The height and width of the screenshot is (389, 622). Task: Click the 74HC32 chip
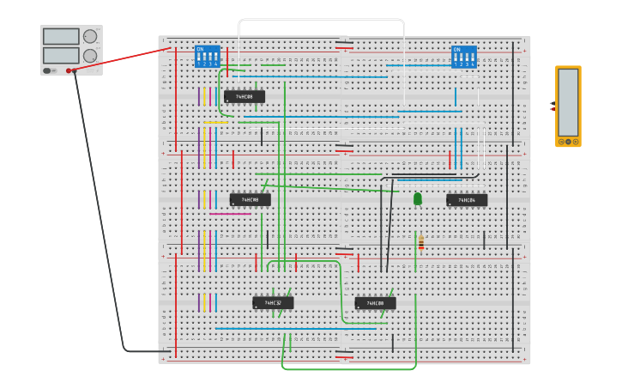tap(273, 302)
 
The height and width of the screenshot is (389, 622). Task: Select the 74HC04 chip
tap(467, 200)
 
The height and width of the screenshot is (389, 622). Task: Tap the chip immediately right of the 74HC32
tap(375, 303)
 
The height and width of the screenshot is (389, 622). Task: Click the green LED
tap(418, 198)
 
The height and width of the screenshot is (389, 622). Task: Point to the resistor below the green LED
tap(420, 244)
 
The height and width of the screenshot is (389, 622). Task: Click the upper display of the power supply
tap(60, 37)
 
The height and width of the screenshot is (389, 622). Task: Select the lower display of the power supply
tap(60, 56)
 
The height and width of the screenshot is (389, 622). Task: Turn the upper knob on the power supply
tap(90, 37)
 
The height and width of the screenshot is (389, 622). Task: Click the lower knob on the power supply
tap(90, 56)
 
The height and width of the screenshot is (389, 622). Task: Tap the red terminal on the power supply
tap(69, 70)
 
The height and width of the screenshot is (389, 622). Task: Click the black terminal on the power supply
tap(76, 70)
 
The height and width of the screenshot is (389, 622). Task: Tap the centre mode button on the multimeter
tap(568, 141)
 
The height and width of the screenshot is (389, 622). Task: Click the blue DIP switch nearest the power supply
tap(208, 57)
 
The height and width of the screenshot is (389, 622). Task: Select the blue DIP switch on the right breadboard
tap(464, 57)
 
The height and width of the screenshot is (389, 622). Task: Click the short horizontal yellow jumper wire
tap(215, 122)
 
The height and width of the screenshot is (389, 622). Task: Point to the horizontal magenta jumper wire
tap(230, 214)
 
